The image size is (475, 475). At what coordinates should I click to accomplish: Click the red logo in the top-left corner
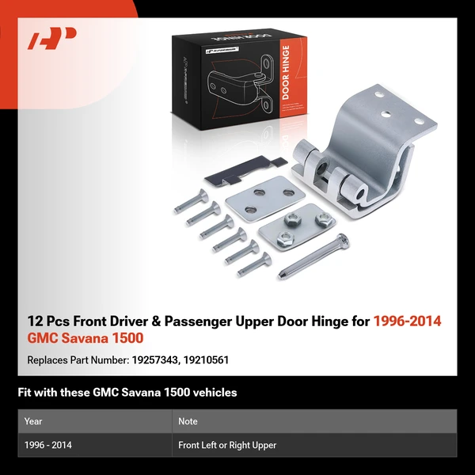coord(51,38)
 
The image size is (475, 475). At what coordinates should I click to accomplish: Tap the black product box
coord(239,79)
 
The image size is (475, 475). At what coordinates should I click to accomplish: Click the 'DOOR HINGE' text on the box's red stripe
coord(285,72)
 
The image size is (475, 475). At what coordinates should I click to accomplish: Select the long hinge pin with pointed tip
coord(313,256)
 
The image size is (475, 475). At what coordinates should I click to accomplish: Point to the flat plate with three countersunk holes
coord(265,199)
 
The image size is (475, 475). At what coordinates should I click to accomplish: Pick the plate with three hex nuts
coord(297,226)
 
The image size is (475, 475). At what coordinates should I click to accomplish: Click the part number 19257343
coord(154,360)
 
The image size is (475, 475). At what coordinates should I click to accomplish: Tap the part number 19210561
coord(206,360)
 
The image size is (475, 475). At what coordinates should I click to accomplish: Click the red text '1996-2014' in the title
coord(408,321)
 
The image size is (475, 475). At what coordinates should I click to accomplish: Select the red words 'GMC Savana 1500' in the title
coord(85,338)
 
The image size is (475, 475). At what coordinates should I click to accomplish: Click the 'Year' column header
coord(33,421)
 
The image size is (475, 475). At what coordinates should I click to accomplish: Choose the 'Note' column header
coord(188,421)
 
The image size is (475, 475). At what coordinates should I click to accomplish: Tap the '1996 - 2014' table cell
coord(48,445)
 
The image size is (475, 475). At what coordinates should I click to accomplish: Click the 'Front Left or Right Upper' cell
coord(227,445)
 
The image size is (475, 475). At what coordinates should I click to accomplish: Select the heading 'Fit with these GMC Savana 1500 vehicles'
coord(127,393)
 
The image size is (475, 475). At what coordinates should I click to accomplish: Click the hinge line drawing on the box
coord(239,85)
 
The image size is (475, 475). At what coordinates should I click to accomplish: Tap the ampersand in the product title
coord(155,321)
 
